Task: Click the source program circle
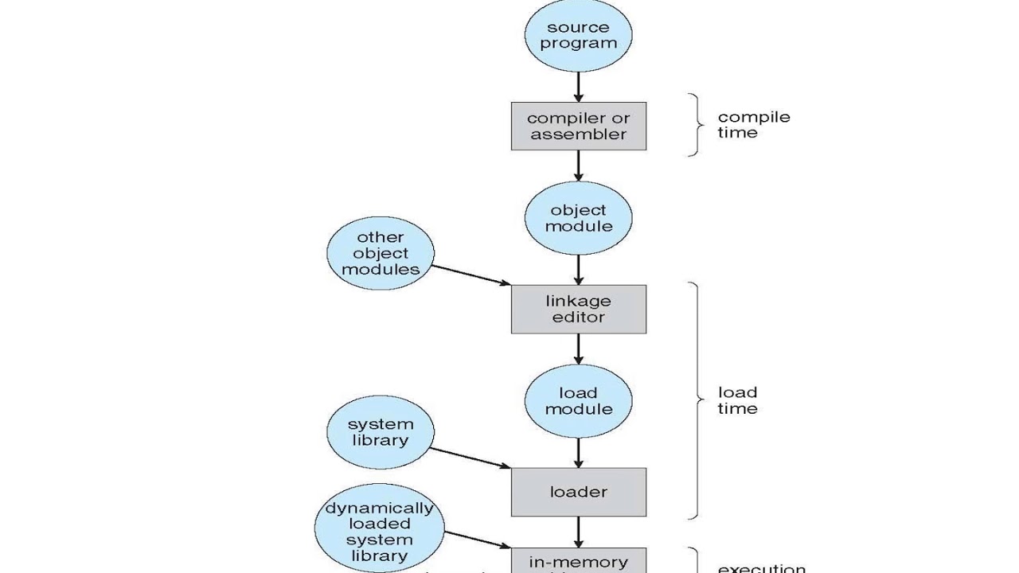click(578, 35)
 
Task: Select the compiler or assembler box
click(578, 127)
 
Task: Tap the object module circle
click(578, 218)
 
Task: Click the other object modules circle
click(381, 253)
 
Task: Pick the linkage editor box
click(578, 309)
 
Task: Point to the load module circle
click(578, 400)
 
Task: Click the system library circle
click(381, 432)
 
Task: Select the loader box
click(578, 492)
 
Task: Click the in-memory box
click(578, 560)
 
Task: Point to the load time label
click(738, 400)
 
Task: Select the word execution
click(762, 568)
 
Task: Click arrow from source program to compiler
click(578, 86)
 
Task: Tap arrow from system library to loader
click(470, 458)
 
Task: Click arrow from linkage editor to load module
click(578, 349)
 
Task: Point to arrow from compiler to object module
click(578, 167)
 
